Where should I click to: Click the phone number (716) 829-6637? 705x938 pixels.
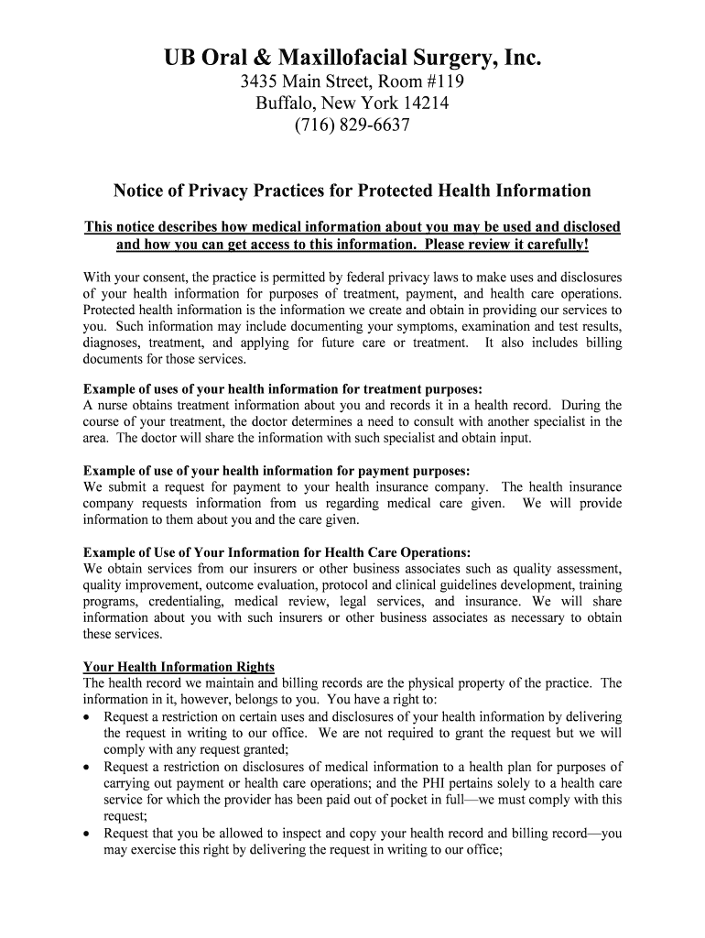pos(352,125)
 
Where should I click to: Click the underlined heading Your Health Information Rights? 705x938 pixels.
pos(179,666)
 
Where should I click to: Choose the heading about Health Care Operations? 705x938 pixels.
pos(277,552)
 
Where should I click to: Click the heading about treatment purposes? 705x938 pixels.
pos(282,388)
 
